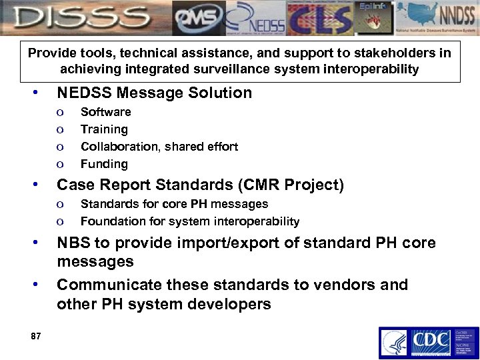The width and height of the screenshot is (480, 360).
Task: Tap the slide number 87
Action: tap(36, 337)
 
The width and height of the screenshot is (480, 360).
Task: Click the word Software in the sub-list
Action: tap(105, 111)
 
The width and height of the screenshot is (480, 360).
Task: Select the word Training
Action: tap(104, 129)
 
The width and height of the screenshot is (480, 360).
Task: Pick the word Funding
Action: tap(104, 163)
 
